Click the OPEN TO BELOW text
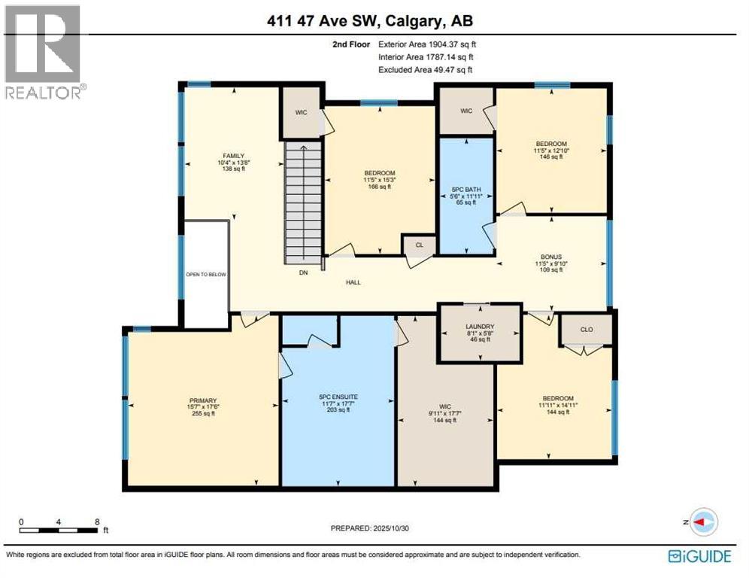click(x=206, y=275)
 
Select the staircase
click(x=303, y=203)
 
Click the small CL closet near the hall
click(x=417, y=245)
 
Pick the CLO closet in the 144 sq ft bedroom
click(x=587, y=329)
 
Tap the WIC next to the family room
click(x=301, y=112)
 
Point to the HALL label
click(x=353, y=283)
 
